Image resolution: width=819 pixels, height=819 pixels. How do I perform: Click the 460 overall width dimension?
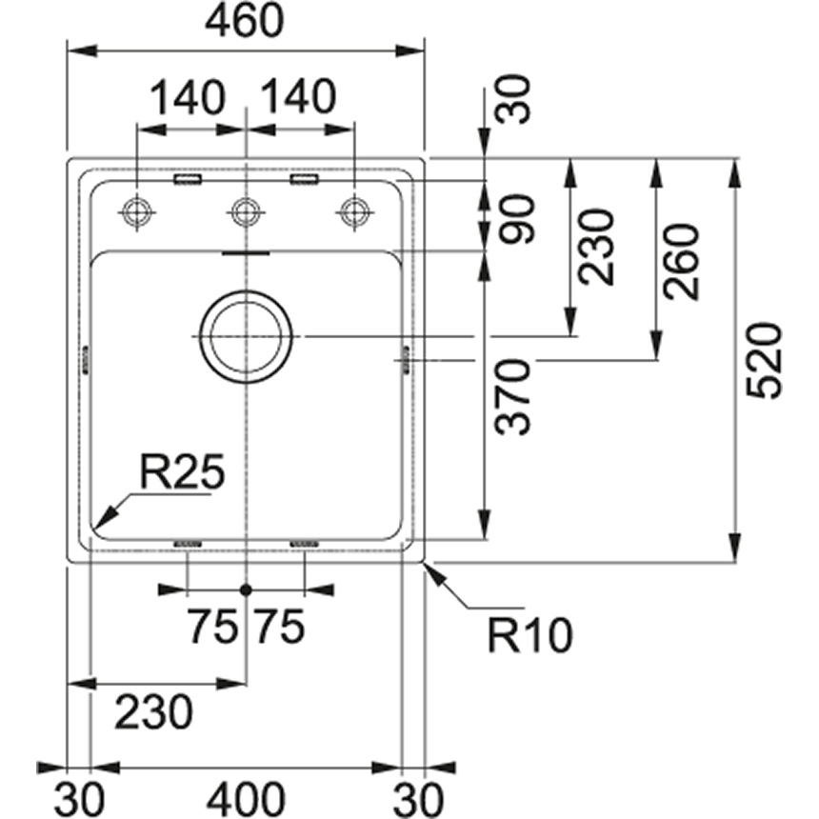click(245, 22)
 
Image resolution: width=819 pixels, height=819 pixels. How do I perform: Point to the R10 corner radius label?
click(529, 634)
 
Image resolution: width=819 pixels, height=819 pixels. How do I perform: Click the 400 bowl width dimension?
click(245, 795)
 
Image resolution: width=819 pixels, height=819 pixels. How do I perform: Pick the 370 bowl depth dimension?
click(515, 396)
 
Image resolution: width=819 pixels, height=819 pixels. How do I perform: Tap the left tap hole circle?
click(137, 210)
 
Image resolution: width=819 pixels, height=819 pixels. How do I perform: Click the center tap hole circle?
click(246, 210)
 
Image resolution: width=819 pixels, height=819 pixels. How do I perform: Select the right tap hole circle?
click(354, 210)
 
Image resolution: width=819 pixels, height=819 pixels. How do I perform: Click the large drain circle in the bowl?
click(246, 337)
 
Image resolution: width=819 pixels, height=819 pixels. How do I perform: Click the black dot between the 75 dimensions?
click(246, 589)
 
